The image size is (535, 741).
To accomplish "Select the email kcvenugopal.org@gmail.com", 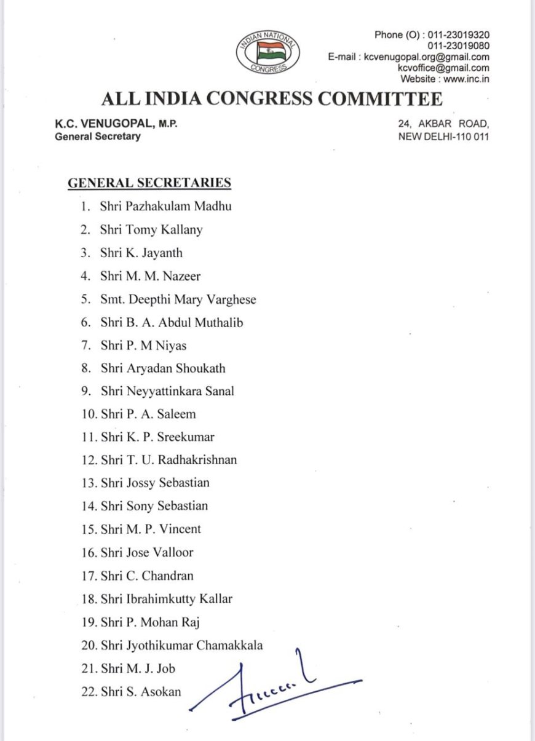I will pos(426,57).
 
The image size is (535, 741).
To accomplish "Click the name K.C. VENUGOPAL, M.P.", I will pos(116,124).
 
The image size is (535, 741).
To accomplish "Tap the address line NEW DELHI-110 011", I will pos(443,137).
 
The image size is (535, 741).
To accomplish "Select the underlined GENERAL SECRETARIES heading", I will pos(149,183).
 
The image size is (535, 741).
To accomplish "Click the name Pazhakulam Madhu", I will pos(178,207).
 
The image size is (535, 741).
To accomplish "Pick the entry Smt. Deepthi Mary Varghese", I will pos(178,299).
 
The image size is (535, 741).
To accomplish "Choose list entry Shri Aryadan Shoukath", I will pos(163,368).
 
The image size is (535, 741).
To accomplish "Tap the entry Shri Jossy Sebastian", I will pos(155,483).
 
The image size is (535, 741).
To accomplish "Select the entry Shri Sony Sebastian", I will pos(154,506).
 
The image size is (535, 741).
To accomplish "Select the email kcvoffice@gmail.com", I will pos(443,68).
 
